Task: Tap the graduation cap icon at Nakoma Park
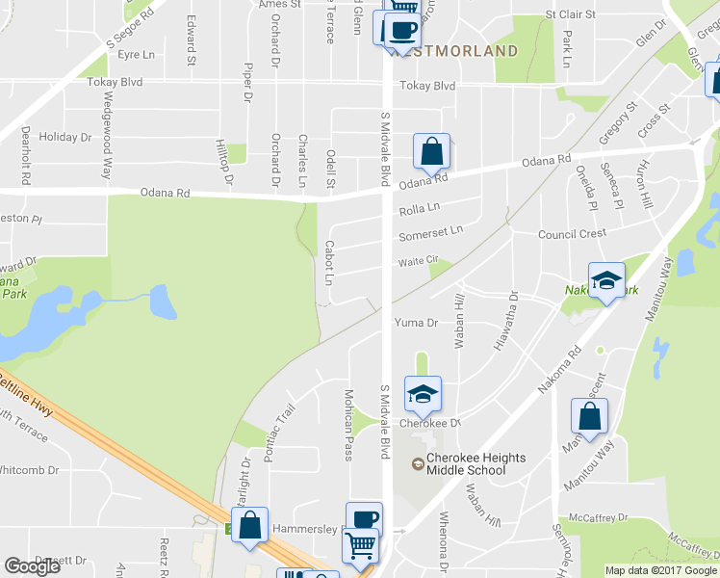[606, 280]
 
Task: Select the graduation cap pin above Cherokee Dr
[423, 393]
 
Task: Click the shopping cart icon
[361, 545]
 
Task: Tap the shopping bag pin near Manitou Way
[589, 416]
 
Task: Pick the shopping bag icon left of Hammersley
[249, 525]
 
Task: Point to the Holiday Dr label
[64, 138]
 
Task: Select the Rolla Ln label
[419, 208]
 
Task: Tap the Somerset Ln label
[430, 231]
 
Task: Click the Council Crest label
[572, 234]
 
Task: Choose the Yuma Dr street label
[416, 324]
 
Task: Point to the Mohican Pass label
[349, 425]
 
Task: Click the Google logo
[33, 566]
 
